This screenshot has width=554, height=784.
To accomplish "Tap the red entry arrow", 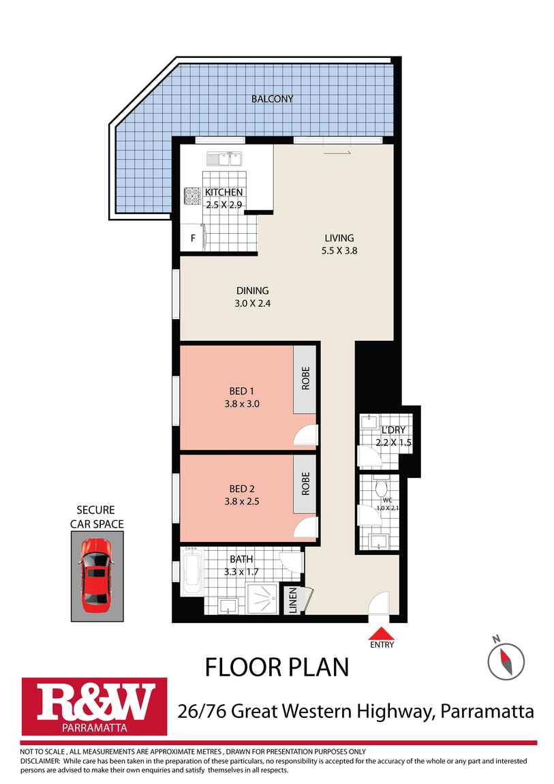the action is pyautogui.click(x=382, y=633).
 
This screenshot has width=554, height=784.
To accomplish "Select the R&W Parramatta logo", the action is pyautogui.click(x=94, y=706).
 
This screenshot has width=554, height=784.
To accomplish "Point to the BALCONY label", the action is pyautogui.click(x=273, y=99).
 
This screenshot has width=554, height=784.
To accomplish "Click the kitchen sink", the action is pyautogui.click(x=224, y=159).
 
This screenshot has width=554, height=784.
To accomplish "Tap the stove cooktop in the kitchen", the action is pyautogui.click(x=192, y=196).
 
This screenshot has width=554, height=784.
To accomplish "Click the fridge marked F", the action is pyautogui.click(x=192, y=239).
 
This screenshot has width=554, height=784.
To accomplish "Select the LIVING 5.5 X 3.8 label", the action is pyautogui.click(x=339, y=245).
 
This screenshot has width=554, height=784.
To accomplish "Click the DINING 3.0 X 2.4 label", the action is pyautogui.click(x=253, y=297).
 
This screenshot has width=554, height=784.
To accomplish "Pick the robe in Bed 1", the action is pyautogui.click(x=305, y=380).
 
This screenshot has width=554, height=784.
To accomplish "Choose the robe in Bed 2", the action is pyautogui.click(x=305, y=484).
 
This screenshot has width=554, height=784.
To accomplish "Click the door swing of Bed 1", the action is pyautogui.click(x=305, y=435).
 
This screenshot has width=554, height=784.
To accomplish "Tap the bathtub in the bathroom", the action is pyautogui.click(x=191, y=571).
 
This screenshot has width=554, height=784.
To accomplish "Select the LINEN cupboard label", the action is pyautogui.click(x=293, y=601).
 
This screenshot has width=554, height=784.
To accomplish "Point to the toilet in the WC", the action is pyautogui.click(x=382, y=487).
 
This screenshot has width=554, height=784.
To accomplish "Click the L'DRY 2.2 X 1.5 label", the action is pyautogui.click(x=394, y=436).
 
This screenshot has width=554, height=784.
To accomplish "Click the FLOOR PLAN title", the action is pyautogui.click(x=277, y=667).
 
